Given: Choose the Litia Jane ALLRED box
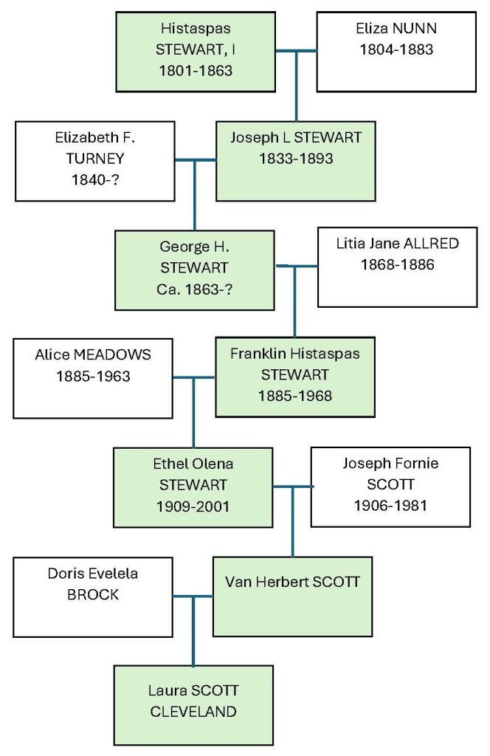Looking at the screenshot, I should tap(397, 267).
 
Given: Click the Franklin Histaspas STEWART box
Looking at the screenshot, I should tap(294, 374).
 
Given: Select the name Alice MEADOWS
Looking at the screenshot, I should tap(93, 354).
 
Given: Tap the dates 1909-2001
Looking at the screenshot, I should tap(193, 506).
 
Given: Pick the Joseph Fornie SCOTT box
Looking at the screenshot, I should tap(390, 487).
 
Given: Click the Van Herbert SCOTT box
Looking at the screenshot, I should tap(292, 596).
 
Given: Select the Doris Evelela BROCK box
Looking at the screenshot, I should tap(93, 597).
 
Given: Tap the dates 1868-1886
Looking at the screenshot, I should tap(398, 265).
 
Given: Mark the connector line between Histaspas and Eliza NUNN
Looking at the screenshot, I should tap(297, 51).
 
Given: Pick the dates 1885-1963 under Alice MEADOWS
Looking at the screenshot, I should tap(93, 376).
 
